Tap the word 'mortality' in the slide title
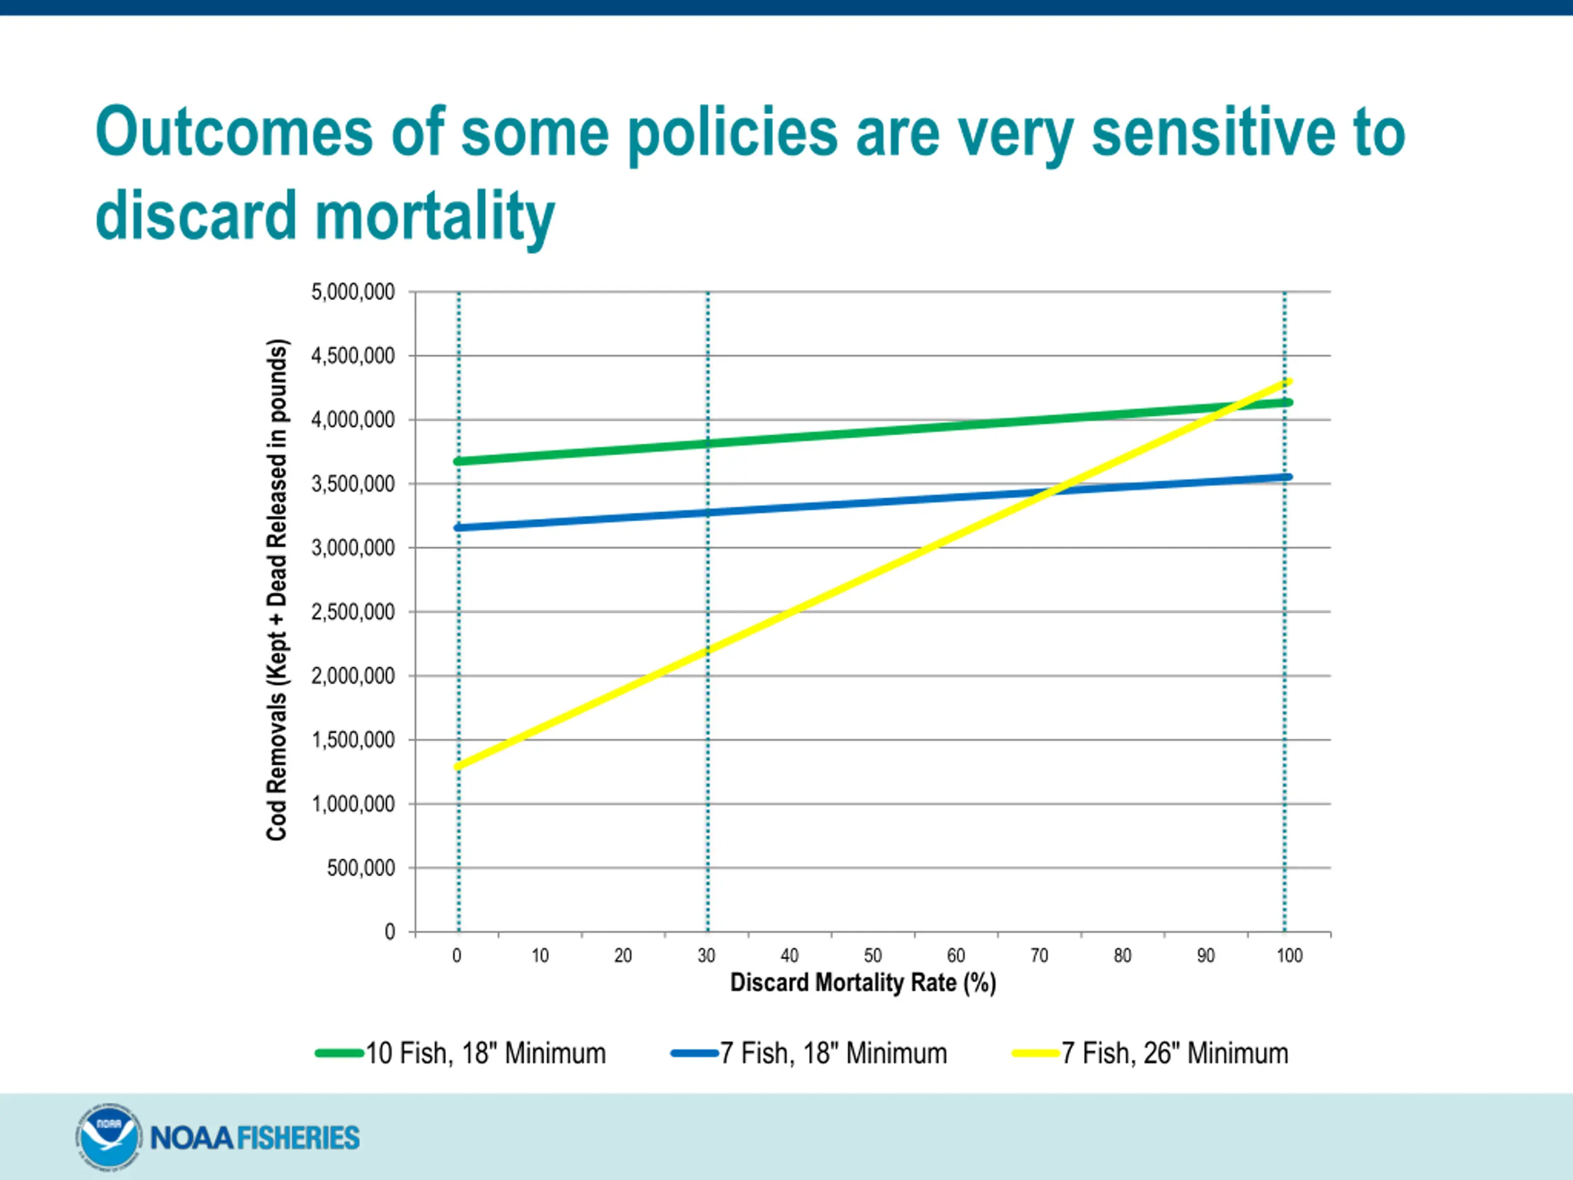(434, 216)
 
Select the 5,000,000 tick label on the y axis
(353, 292)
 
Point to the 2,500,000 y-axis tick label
(353, 612)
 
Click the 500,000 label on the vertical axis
(361, 868)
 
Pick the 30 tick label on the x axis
(706, 955)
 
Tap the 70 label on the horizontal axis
(1039, 955)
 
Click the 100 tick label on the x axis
(1289, 955)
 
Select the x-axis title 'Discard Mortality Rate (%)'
(863, 982)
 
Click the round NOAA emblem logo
(108, 1136)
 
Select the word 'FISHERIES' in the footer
(297, 1138)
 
